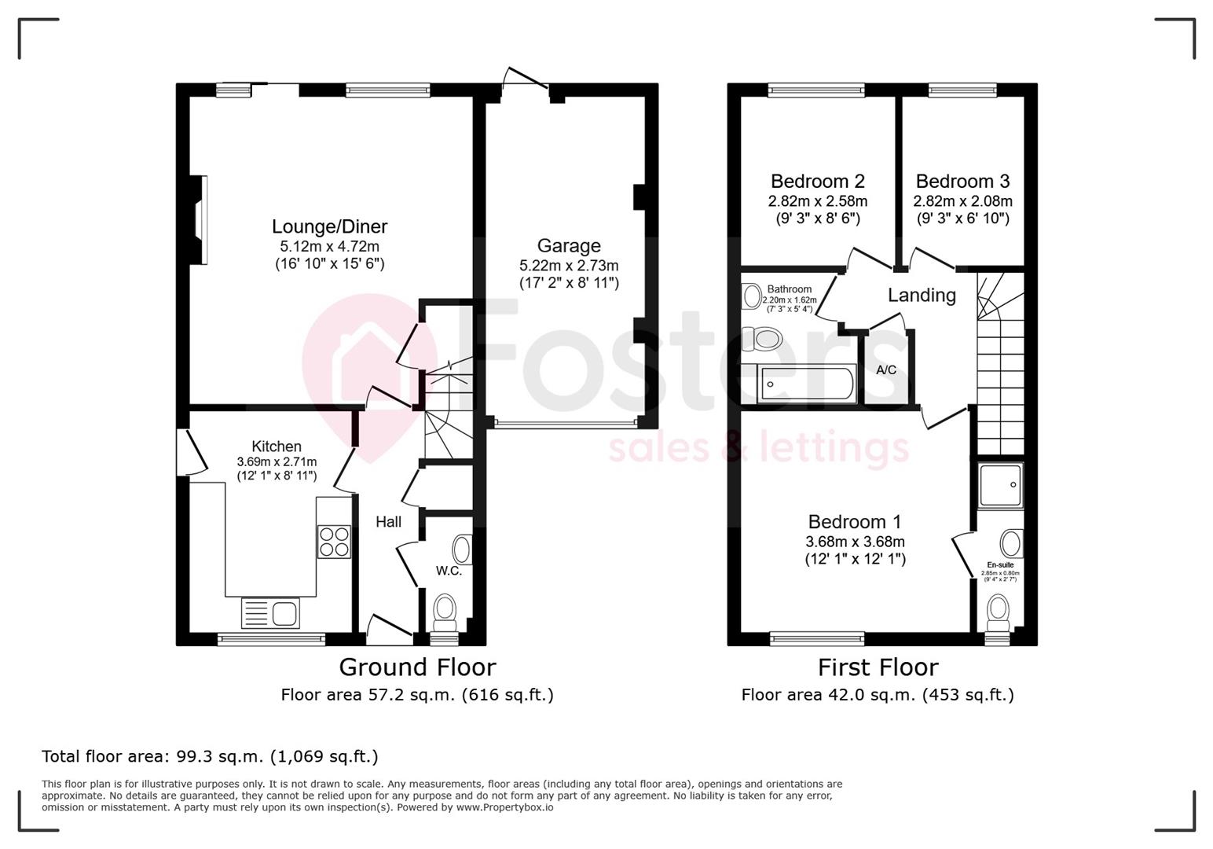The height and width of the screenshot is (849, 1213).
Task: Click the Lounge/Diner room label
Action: (329, 227)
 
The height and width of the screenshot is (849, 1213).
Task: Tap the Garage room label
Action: (569, 246)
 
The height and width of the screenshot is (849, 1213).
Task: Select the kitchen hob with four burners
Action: (334, 542)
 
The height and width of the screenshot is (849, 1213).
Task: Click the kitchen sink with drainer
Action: (270, 612)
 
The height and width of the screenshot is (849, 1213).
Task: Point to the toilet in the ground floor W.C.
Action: (445, 611)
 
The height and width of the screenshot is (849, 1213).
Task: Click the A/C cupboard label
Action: (886, 370)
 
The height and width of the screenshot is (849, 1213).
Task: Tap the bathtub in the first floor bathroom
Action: (806, 385)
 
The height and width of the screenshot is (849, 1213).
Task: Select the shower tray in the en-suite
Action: (1001, 484)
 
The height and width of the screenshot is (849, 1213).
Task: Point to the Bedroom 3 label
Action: (962, 182)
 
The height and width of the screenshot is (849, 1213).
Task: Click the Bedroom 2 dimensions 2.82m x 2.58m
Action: (818, 201)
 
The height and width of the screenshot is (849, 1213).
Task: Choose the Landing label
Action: (922, 296)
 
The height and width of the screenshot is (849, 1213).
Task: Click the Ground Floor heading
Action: (417, 667)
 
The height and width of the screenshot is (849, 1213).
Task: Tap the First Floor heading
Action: (878, 667)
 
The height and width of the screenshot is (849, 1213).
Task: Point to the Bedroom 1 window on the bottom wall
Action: (817, 638)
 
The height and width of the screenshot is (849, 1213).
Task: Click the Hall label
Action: (388, 522)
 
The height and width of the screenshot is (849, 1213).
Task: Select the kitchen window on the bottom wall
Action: (271, 639)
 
